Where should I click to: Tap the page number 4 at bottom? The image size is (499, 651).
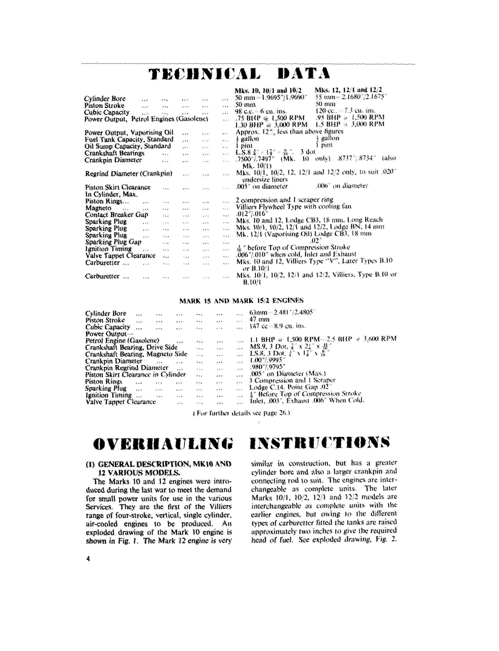[88, 559]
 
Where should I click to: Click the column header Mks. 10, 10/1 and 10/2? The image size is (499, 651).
[268, 90]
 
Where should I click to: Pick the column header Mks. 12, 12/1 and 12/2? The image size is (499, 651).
[348, 90]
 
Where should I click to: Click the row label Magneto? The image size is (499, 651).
[98, 208]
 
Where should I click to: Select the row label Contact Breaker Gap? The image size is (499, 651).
[116, 215]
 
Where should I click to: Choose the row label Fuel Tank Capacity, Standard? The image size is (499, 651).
[129, 139]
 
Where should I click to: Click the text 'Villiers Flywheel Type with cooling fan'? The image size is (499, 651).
[293, 207]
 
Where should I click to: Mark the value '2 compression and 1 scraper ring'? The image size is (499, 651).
[285, 200]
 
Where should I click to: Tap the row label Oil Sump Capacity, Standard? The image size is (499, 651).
[128, 146]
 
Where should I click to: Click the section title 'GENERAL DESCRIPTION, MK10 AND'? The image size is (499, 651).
[158, 464]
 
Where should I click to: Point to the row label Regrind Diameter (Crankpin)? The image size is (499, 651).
[129, 174]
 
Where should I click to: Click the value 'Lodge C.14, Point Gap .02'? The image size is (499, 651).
[290, 387]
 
